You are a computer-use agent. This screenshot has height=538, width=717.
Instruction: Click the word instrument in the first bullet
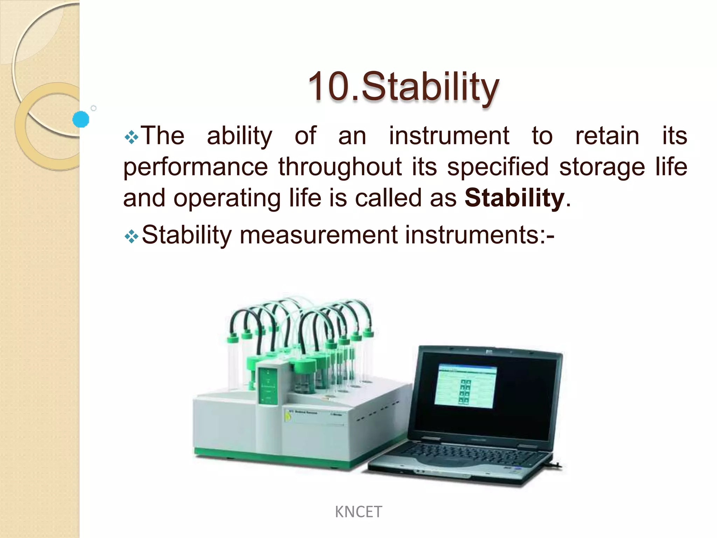pyautogui.click(x=449, y=136)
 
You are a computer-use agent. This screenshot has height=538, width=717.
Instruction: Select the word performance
pyautogui.click(x=195, y=167)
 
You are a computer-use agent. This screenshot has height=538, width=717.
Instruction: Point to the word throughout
pyautogui.click(x=340, y=167)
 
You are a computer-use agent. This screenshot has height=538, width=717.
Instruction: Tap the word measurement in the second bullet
pyautogui.click(x=319, y=235)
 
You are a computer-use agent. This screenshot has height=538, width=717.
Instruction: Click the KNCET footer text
pyautogui.click(x=358, y=512)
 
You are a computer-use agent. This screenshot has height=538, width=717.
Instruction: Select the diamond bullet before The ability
pyautogui.click(x=131, y=137)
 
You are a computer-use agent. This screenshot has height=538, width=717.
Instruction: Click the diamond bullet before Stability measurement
pyautogui.click(x=131, y=236)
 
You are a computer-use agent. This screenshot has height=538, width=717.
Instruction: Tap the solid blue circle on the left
pyautogui.click(x=81, y=119)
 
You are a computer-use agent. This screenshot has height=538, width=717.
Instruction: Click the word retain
pyautogui.click(x=607, y=136)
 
